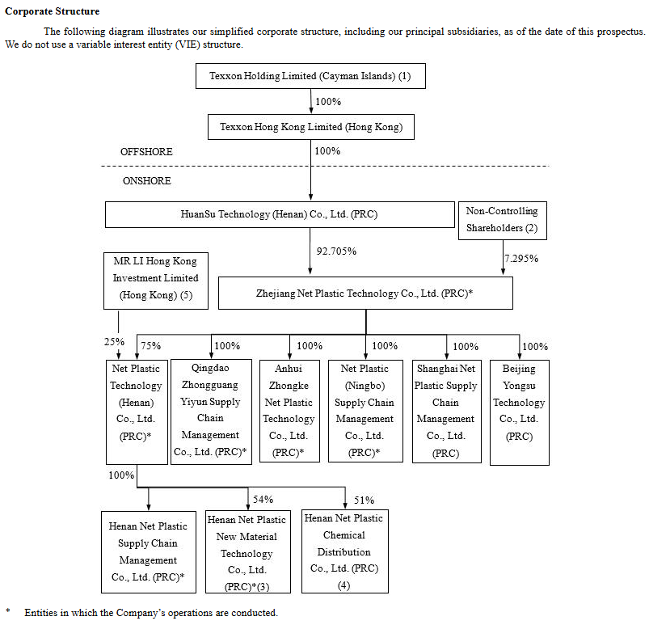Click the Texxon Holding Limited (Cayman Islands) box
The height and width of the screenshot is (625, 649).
(310, 76)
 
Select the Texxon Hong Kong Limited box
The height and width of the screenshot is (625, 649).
(311, 127)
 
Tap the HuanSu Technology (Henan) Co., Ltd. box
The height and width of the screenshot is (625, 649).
(280, 214)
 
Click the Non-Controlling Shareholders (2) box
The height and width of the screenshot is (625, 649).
(503, 221)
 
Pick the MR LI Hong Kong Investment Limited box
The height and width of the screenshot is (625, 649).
(156, 281)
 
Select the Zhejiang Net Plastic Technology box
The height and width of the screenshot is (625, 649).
(365, 293)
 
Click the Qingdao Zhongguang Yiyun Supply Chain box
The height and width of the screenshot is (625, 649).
(211, 412)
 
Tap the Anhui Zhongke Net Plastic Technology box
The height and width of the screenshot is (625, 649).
(289, 411)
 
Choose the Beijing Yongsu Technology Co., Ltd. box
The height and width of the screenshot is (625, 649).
(520, 412)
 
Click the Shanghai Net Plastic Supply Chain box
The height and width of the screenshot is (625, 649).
(447, 412)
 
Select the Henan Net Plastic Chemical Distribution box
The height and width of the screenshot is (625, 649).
(345, 551)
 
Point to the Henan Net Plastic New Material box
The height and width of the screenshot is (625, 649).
(248, 551)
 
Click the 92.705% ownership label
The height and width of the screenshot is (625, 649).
(336, 251)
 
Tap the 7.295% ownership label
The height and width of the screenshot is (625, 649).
(521, 259)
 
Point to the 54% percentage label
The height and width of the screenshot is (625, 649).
(263, 500)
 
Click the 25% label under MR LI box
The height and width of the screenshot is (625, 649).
(114, 342)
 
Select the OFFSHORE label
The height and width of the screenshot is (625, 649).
(146, 151)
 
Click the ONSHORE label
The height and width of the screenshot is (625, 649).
(147, 180)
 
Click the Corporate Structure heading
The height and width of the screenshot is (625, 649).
(53, 11)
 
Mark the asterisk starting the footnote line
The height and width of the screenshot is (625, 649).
(8, 611)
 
